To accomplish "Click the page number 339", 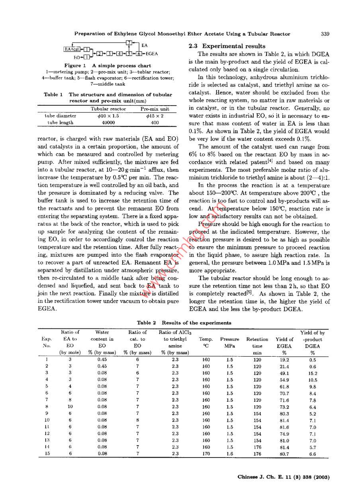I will tap(325, 34).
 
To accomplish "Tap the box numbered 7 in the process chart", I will tap(128, 43).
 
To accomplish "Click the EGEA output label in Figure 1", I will tap(152, 53).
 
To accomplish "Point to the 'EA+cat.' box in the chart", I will tap(72, 49).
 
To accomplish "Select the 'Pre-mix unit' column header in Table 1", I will tap(155, 109).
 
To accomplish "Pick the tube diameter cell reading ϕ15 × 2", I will tap(155, 116).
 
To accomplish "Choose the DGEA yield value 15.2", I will tap(313, 373).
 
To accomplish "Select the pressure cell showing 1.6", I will tap(229, 454).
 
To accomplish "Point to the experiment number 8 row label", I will tap(47, 407).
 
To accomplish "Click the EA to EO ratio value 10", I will tap(70, 407).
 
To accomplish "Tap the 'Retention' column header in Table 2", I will tap(257, 340).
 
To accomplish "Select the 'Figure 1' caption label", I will tap(75, 65).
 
